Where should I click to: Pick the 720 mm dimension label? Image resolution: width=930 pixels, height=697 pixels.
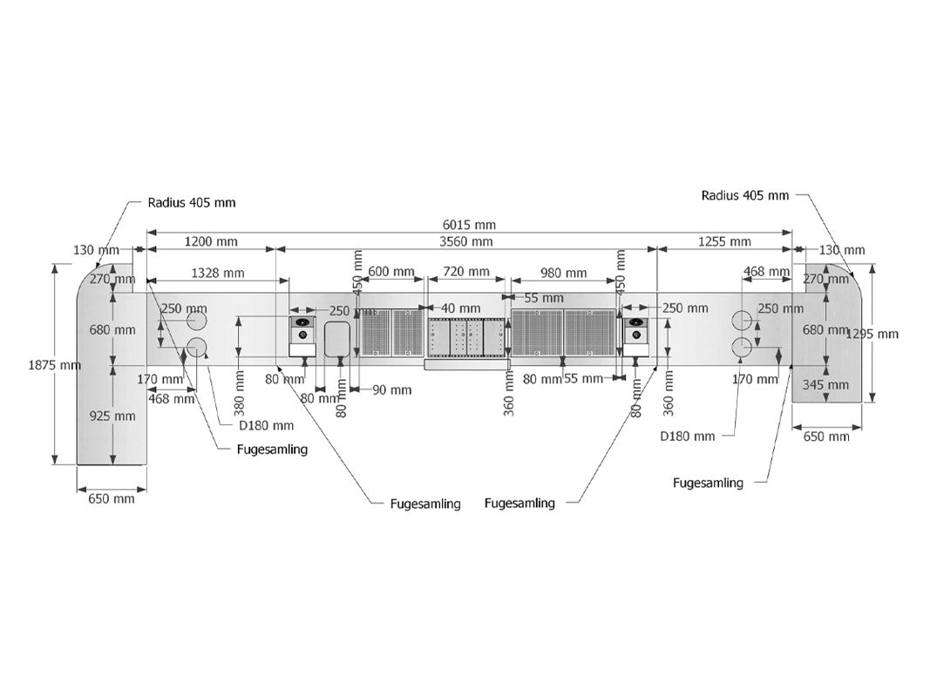466,272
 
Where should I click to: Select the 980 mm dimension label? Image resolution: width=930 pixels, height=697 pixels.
563,273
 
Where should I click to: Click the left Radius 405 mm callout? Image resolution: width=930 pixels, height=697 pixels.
191,202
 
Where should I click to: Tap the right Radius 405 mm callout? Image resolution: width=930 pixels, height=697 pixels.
745,195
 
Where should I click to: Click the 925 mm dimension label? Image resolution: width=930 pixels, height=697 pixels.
114,416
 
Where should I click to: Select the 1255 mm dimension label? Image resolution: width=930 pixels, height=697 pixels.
723,241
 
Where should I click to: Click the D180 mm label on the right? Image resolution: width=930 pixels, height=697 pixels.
688,436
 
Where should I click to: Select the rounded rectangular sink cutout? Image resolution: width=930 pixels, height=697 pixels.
336,339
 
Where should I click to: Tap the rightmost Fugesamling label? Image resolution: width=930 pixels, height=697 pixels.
709,483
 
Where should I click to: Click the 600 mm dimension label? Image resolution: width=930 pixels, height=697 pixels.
390,272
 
